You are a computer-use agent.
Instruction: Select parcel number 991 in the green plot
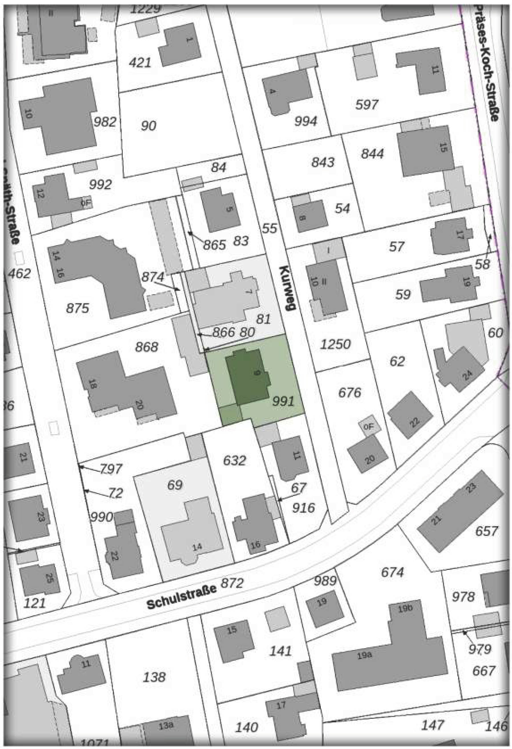[283, 401]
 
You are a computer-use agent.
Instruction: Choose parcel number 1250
[335, 344]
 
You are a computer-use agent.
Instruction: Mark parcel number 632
[234, 460]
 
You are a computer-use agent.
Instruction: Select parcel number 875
[77, 308]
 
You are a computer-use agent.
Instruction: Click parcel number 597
[366, 104]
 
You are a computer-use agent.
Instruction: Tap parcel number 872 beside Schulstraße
[232, 583]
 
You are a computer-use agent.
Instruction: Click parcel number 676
[350, 393]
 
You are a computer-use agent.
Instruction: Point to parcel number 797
[110, 469]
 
